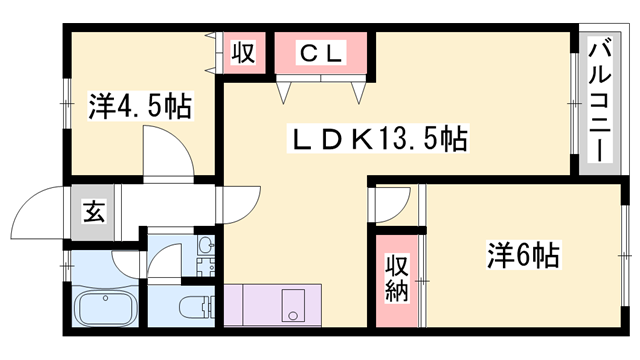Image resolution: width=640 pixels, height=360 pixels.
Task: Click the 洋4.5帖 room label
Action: point(141,105)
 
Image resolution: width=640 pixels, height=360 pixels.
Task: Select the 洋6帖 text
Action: point(523,255)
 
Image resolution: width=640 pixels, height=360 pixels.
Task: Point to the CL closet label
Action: point(321,53)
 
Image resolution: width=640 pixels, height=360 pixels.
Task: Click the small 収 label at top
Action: point(242,53)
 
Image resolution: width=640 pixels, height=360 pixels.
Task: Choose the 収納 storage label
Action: point(397,278)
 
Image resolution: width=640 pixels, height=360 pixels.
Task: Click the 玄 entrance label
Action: point(92,211)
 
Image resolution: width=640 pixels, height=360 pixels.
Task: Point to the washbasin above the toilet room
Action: point(206,245)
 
